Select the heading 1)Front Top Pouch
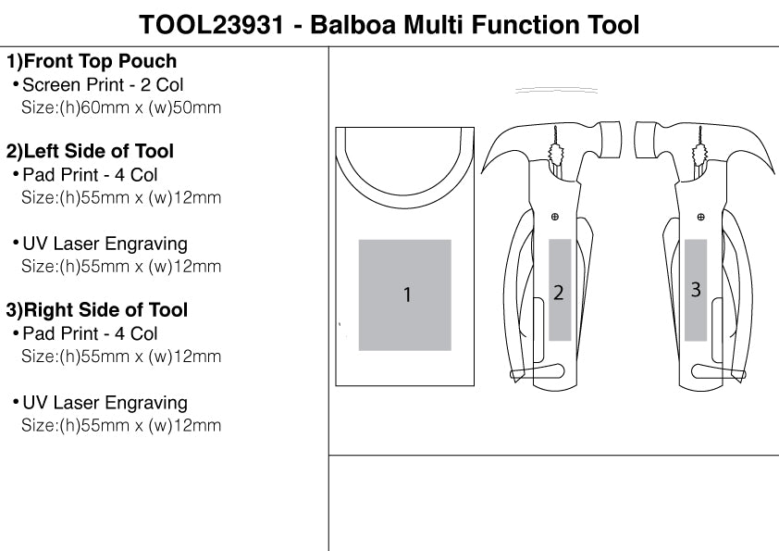point(92,62)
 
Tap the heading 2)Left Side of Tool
point(91,151)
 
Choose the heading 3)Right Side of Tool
point(97,310)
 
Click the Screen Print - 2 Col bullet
point(103,85)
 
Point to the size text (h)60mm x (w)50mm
point(121,107)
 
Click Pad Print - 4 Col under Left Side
point(90,174)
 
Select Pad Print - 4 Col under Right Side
point(90,333)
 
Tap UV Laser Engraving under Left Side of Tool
point(105,244)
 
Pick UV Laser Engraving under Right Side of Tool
point(105,403)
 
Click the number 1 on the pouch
point(406,294)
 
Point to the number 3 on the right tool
point(696,289)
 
